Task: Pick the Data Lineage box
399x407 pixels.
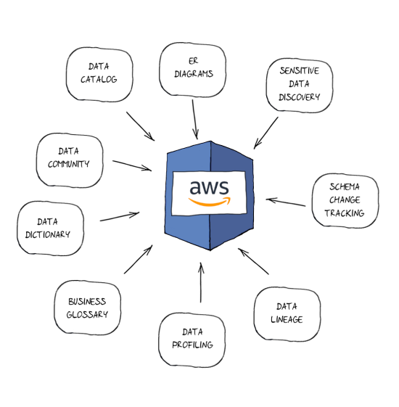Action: coord(287,313)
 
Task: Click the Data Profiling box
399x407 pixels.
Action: coord(192,339)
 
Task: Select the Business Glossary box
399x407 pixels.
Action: coord(87,308)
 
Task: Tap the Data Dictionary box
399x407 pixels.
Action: coord(50,228)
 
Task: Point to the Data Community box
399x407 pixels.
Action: coord(69,157)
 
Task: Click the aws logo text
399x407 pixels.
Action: coord(209,186)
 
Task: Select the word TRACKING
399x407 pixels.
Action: coord(344,213)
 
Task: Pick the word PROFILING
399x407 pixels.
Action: coord(192,345)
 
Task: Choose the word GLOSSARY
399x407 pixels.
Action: coord(87,314)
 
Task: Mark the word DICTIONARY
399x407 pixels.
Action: coord(50,234)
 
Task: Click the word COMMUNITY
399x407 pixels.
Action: coord(69,164)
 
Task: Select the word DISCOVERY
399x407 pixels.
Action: coord(299,97)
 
